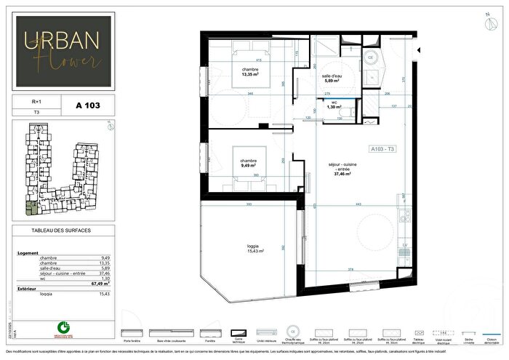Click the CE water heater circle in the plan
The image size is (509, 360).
(x=369, y=57)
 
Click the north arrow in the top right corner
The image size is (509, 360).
(x=486, y=15)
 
